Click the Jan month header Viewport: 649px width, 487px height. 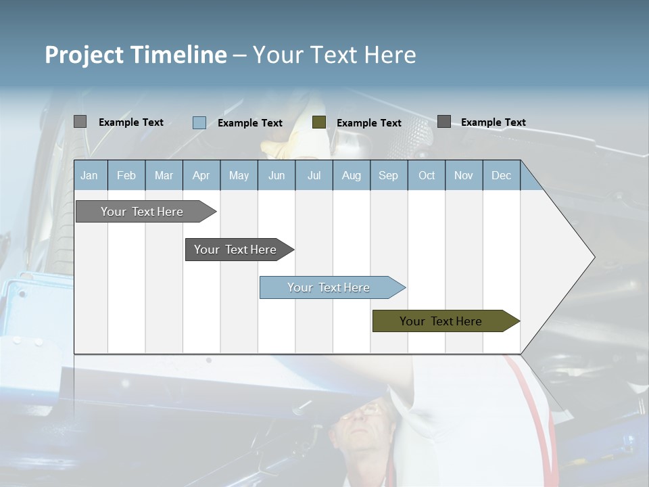click(89, 176)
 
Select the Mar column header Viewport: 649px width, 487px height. click(164, 176)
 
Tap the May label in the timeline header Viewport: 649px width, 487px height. click(239, 176)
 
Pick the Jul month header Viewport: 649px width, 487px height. click(314, 176)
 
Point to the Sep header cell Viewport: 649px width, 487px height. click(388, 176)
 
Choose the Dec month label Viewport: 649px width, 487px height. click(501, 176)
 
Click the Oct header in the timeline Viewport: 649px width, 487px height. click(427, 176)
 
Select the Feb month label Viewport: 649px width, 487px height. click(126, 176)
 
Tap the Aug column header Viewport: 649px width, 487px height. click(351, 176)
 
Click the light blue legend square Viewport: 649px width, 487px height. click(199, 122)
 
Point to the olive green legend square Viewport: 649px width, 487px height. click(319, 122)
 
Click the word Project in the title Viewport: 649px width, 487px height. click(85, 55)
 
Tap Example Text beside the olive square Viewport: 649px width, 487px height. click(368, 123)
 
